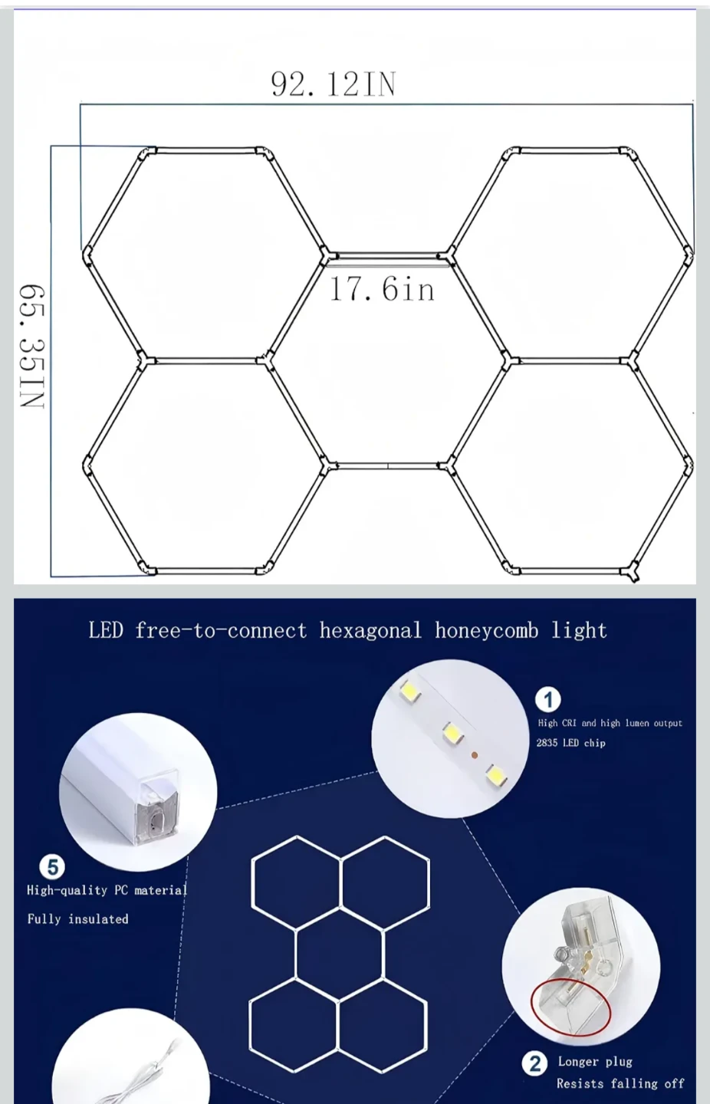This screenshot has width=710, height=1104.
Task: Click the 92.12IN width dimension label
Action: pos(334,84)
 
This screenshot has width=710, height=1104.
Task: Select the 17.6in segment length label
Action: pos(382,289)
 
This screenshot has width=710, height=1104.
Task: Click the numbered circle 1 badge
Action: pos(548,699)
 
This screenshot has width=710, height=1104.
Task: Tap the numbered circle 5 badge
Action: pos(52,867)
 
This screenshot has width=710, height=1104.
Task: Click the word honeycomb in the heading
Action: pos(486,631)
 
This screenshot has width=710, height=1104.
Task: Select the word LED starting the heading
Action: pos(106,631)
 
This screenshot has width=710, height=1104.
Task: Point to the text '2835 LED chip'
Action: pos(570,743)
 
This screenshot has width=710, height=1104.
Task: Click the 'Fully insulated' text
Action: pos(78,919)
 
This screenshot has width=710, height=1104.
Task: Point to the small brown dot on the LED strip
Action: pos(475,754)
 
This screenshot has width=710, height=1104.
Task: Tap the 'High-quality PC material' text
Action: pos(107,890)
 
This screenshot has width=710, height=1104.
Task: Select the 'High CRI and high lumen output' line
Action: pos(610,723)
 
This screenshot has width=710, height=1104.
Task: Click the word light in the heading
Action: pos(579,631)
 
